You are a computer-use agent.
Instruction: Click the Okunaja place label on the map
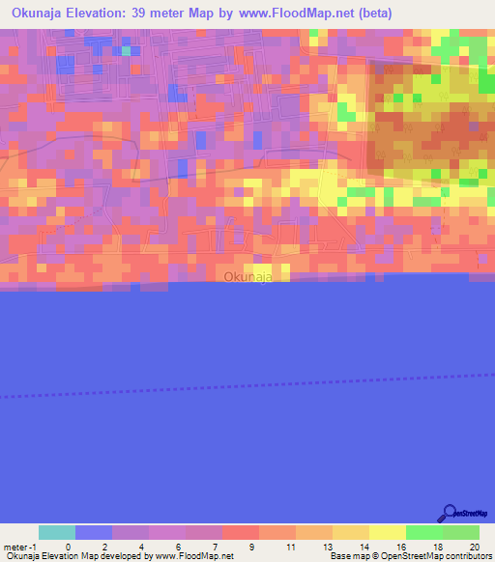click(247, 277)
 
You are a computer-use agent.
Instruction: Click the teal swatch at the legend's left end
click(57, 532)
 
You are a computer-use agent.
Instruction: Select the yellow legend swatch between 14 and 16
click(388, 532)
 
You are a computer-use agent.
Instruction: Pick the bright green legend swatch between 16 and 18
click(424, 532)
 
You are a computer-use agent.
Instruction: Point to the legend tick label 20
click(473, 547)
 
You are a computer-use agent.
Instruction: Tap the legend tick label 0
click(68, 547)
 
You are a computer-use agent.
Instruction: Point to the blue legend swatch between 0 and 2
click(94, 532)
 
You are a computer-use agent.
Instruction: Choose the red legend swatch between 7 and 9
click(241, 532)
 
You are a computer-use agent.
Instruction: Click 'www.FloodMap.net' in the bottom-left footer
click(193, 556)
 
